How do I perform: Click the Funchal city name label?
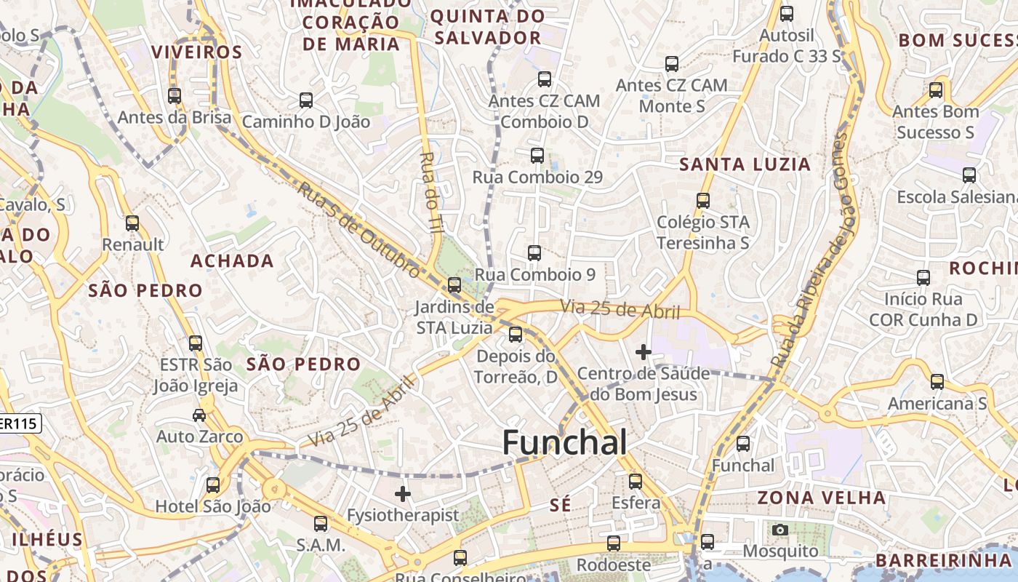click(564, 442)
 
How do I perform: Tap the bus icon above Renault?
click(132, 223)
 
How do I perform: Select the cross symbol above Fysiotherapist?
click(403, 495)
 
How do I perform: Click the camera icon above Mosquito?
click(780, 530)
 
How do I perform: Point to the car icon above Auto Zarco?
click(199, 415)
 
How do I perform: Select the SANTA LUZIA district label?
click(745, 164)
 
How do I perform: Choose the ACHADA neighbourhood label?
click(232, 261)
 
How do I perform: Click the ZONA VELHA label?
click(822, 498)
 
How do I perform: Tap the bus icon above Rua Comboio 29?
click(537, 155)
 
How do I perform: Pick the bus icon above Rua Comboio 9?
click(534, 253)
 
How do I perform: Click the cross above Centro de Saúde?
click(643, 353)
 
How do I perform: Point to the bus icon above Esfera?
click(636, 481)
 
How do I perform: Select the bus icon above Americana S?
click(937, 382)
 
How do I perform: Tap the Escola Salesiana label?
click(956, 197)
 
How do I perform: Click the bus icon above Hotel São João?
click(213, 485)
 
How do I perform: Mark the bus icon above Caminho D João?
click(306, 100)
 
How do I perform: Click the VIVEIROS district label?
click(196, 52)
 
